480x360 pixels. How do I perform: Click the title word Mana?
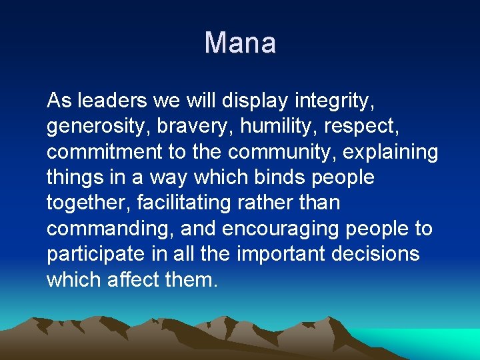[240, 43]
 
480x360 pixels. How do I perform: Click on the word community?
[282, 152]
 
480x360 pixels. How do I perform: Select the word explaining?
[391, 152]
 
